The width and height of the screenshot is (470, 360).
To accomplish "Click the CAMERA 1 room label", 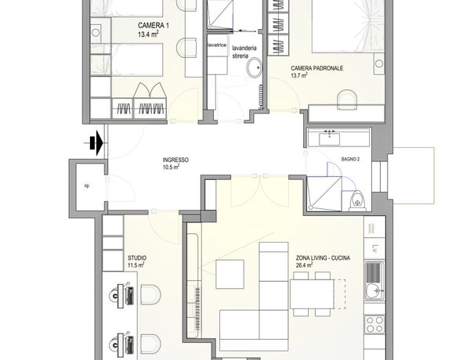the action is (154, 26).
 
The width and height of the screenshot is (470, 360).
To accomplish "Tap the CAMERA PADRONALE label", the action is (316, 68).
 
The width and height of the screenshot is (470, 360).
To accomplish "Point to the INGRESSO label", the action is (175, 160).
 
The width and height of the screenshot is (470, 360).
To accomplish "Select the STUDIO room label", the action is (137, 258).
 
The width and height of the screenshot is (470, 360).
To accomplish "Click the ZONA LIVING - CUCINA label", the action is (323, 258).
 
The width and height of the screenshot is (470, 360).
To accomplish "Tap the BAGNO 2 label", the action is (350, 160).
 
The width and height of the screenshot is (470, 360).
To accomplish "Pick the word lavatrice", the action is (217, 45).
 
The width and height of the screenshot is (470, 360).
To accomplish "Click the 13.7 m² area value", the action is (299, 75).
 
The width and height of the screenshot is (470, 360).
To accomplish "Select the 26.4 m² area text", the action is (304, 265).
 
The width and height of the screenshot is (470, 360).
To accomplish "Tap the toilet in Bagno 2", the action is (357, 200).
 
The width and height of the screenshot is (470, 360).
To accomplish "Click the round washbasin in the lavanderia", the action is (254, 67).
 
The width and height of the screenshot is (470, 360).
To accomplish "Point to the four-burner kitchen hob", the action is (374, 324).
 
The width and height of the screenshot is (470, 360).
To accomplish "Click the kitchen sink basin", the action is (373, 290).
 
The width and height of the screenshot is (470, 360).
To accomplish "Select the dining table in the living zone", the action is (312, 294).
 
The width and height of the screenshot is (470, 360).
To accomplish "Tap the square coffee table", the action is (230, 275).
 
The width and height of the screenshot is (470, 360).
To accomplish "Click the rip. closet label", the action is (87, 186).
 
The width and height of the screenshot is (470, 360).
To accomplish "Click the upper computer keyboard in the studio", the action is (130, 296).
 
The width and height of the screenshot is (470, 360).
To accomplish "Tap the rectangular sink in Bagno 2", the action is (330, 139).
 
